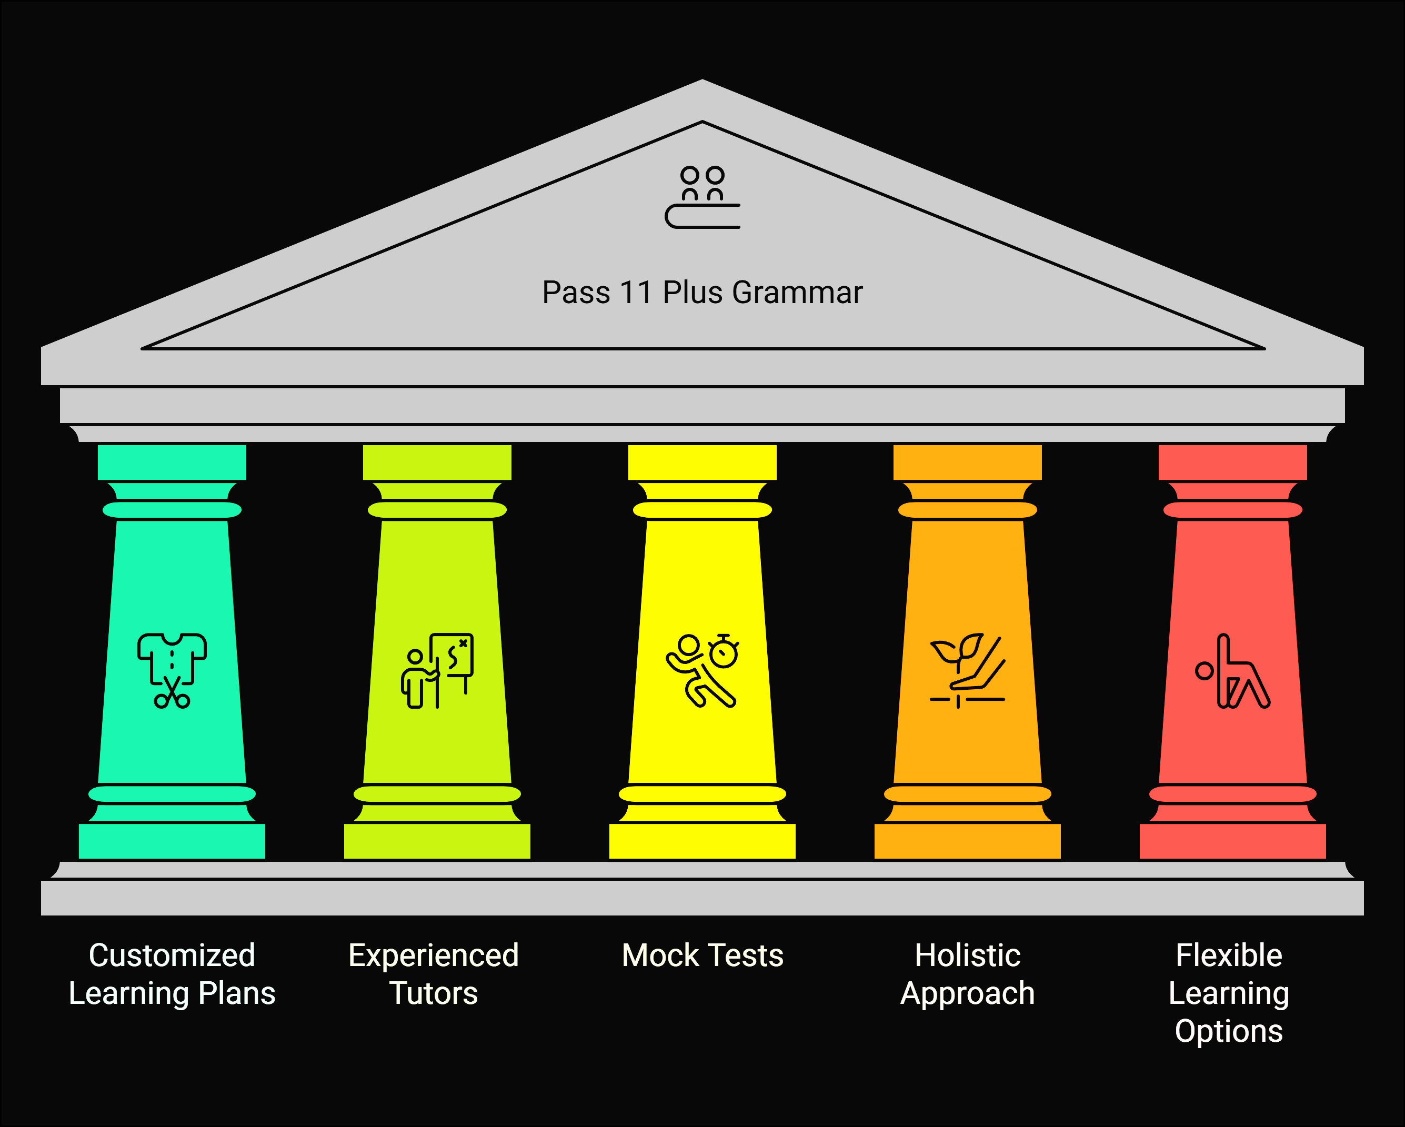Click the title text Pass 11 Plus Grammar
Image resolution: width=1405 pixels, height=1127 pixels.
tap(702, 293)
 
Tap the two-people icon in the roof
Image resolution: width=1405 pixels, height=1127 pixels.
tap(702, 197)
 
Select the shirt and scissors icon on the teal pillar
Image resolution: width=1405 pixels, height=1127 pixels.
tap(172, 670)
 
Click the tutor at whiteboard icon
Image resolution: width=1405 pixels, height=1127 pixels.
tap(437, 670)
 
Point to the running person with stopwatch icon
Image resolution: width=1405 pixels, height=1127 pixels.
tap(702, 670)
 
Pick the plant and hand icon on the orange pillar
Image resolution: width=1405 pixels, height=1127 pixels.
tap(967, 670)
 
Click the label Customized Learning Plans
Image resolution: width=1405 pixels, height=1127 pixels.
tap(172, 974)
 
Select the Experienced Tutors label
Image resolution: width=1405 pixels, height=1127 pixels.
tap(434, 974)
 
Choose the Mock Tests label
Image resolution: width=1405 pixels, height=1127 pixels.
tap(702, 955)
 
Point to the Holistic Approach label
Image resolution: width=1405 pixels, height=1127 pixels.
tap(968, 974)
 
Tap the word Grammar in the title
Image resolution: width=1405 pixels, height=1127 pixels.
tap(797, 293)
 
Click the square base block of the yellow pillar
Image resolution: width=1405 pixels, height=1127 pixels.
tap(702, 841)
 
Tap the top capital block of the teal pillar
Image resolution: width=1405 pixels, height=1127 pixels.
tap(172, 462)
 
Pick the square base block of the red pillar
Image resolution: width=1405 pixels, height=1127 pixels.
tap(1232, 841)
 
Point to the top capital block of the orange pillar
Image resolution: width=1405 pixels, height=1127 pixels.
tap(967, 462)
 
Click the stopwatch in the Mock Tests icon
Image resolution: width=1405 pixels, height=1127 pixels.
tap(724, 652)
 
